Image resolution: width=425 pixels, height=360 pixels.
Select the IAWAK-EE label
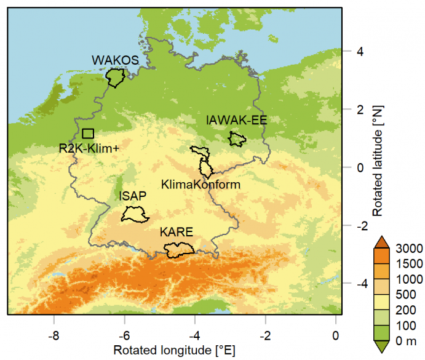coord(236,121)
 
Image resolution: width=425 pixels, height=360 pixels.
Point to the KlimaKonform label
coord(200,184)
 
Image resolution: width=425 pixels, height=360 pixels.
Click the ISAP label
coord(132,196)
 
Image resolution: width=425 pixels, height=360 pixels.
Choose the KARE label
coord(177,232)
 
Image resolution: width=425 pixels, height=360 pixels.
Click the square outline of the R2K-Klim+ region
coord(88,134)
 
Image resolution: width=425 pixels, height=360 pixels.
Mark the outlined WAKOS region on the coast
coord(115,78)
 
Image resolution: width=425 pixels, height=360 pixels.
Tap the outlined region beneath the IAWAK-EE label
coord(237,139)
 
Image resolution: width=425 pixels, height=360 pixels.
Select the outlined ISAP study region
coord(133,214)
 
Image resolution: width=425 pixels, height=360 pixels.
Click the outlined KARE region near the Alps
coord(179,249)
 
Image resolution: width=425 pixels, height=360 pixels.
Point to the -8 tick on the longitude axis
coord(54,337)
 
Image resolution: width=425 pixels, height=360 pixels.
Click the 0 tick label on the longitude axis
coord(336,337)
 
